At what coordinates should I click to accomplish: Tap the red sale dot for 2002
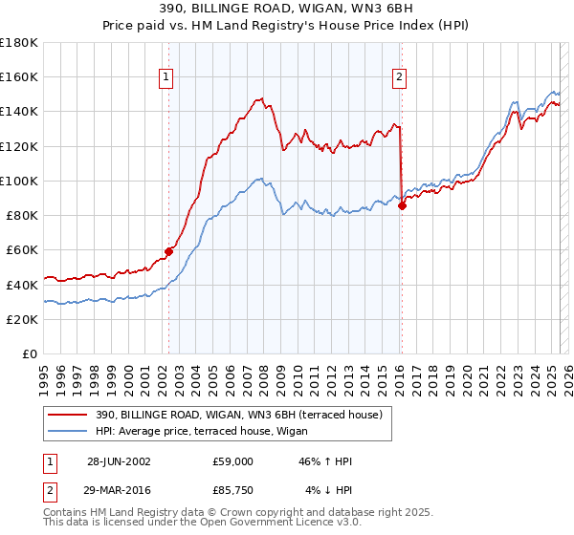point(169,251)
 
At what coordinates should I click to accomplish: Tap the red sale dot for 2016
point(402,205)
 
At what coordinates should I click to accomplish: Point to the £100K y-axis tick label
point(19,181)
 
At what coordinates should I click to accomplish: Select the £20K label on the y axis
point(22,319)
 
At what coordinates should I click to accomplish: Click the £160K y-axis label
point(19,76)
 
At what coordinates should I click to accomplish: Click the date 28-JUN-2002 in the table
point(119,461)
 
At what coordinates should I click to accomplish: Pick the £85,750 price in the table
point(233,491)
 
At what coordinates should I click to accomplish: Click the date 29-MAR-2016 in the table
point(119,491)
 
